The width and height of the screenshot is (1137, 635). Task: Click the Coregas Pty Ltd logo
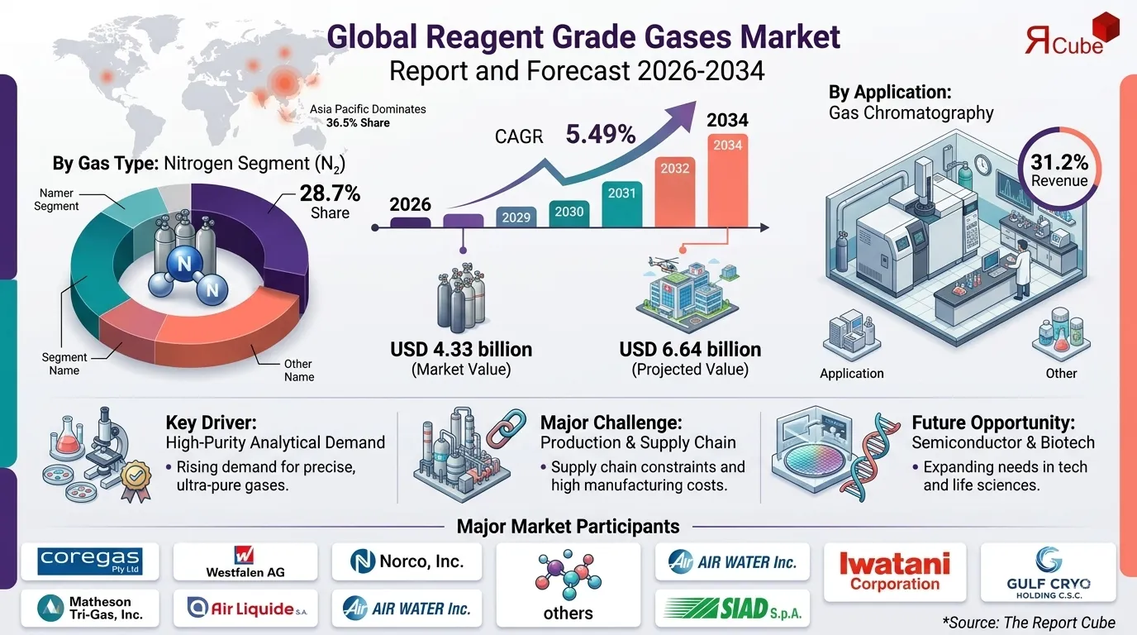89,562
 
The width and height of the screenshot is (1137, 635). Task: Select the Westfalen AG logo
245,562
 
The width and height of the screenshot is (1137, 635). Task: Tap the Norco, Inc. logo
405,562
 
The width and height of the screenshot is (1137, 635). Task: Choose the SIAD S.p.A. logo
732,609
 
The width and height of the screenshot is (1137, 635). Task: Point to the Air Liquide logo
245,609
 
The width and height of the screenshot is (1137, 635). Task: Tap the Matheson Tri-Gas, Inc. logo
89,609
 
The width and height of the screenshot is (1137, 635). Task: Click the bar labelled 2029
516,217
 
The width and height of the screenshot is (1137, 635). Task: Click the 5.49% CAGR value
600,133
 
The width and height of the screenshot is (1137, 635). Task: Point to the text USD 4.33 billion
461,349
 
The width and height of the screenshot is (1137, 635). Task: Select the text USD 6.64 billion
690,349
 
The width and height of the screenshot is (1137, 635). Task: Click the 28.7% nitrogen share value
329,194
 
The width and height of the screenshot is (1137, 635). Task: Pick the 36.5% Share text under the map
358,123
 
